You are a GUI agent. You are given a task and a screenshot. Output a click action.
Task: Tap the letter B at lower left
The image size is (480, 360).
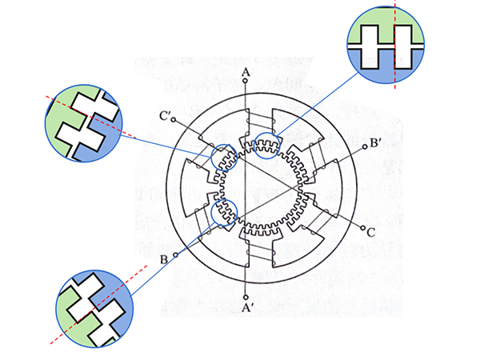pyautogui.click(x=164, y=258)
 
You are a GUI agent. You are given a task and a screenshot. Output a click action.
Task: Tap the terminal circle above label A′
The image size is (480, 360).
pyautogui.click(x=246, y=294)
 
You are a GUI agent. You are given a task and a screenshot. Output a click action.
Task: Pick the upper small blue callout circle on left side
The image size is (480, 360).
pyautogui.click(x=224, y=156)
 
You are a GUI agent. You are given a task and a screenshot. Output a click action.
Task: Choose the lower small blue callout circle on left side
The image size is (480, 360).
pyautogui.click(x=224, y=212)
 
